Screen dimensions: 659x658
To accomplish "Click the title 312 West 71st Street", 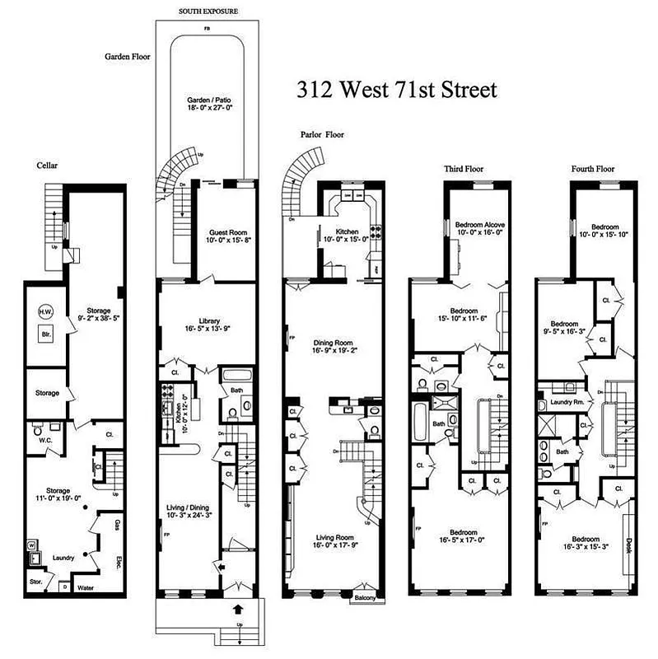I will coord(397,89).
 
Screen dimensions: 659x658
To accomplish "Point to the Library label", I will coord(209,321).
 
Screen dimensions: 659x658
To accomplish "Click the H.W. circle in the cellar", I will coord(45,311).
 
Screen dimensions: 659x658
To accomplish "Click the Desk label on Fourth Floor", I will coord(629,545).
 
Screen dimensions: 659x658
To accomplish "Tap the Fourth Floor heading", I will coord(592,169).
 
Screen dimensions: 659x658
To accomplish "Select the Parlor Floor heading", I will coord(322,135).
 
